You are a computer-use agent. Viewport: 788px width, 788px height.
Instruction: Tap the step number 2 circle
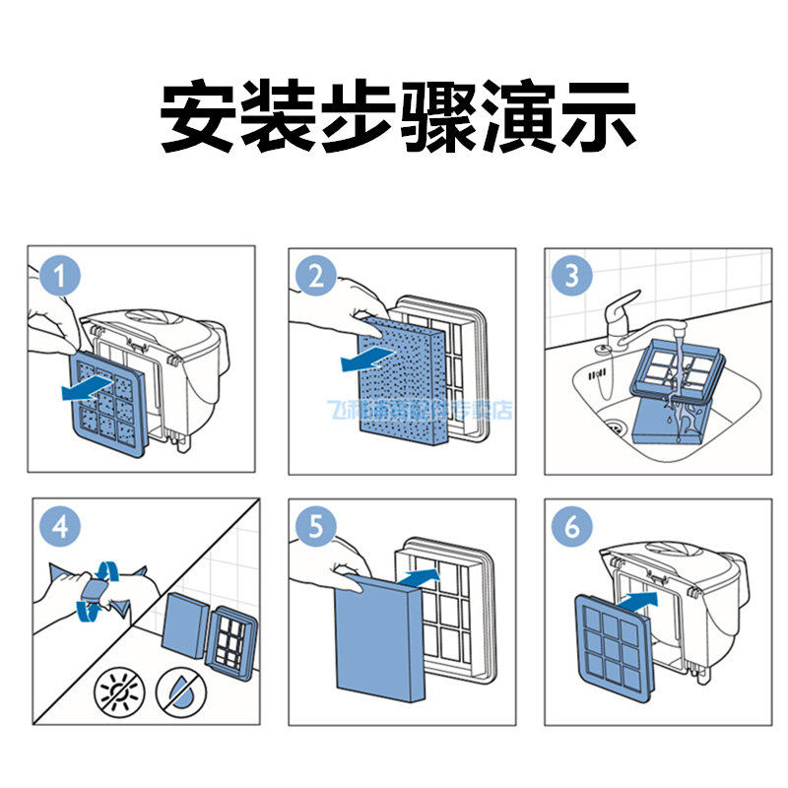click(316, 276)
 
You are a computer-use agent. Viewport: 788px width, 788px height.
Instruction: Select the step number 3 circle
click(572, 276)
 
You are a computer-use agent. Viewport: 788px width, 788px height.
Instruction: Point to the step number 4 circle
click(60, 528)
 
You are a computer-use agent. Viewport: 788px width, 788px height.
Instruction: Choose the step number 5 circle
click(316, 528)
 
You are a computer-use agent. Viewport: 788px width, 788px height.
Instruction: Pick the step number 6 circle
click(572, 528)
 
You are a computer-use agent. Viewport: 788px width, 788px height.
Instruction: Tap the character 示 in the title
click(592, 115)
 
